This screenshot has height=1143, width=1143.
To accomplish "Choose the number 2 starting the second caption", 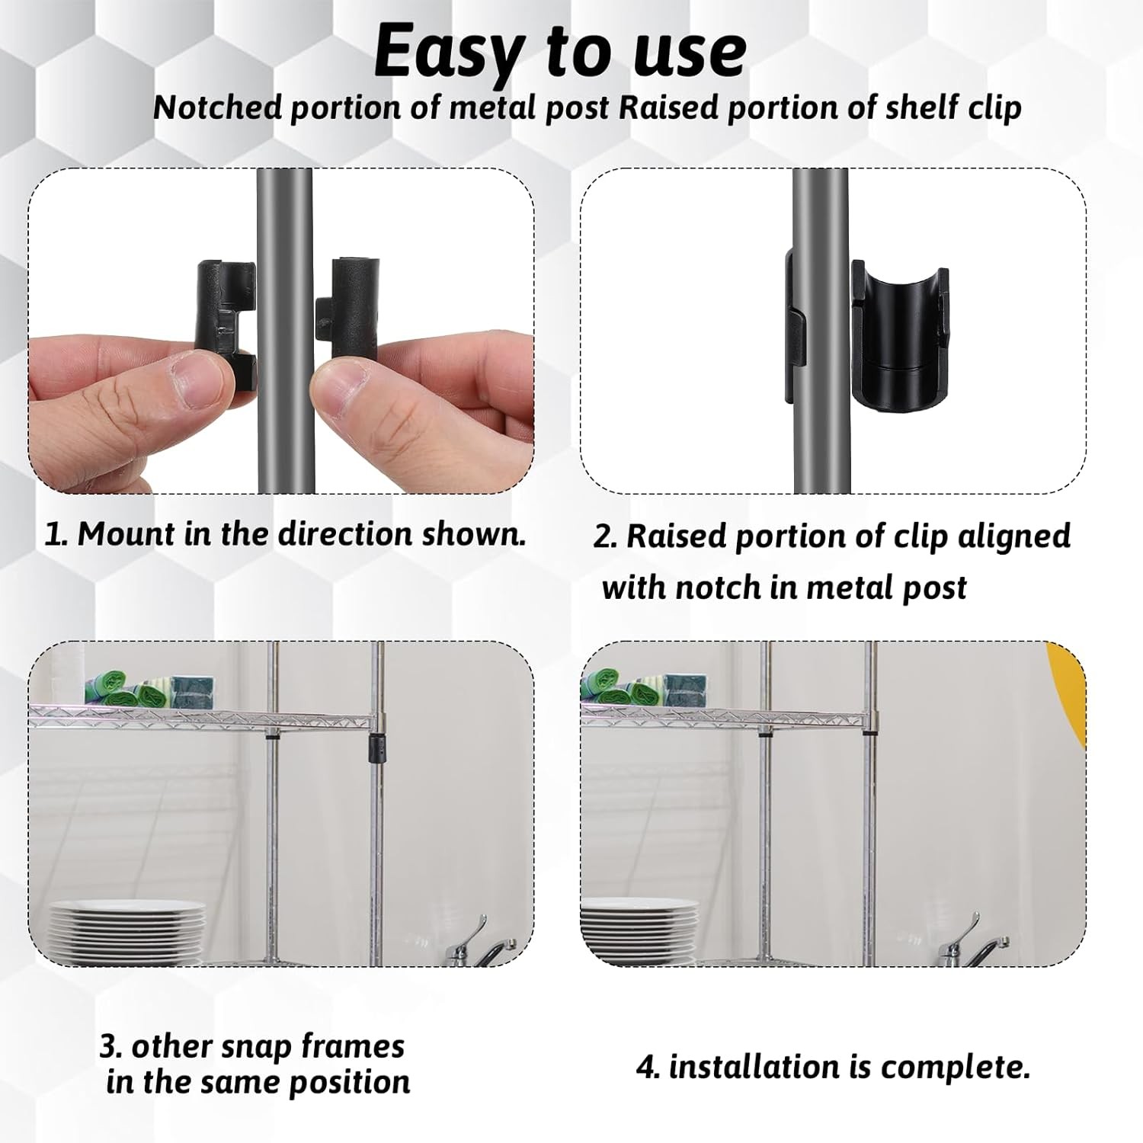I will click(x=604, y=536).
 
